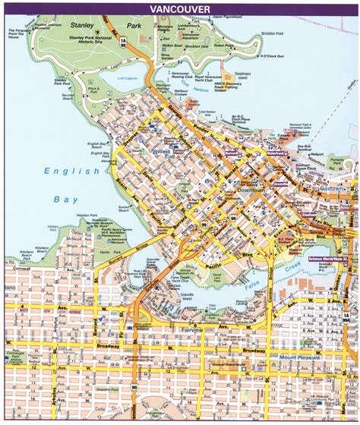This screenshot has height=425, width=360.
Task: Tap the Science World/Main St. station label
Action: tap(330, 260)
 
